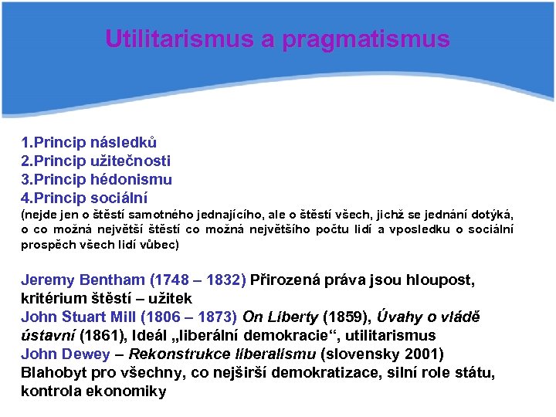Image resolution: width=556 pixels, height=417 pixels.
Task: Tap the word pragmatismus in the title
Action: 366,40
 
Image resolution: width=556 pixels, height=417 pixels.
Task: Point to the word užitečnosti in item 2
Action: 131,161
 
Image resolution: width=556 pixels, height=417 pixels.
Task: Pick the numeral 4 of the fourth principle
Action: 25,198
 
